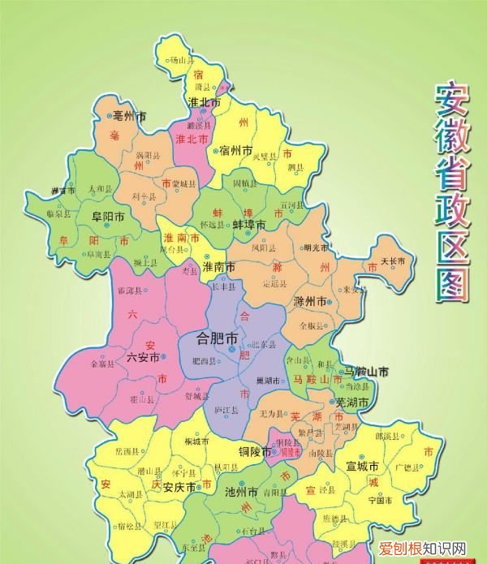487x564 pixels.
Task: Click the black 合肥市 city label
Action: coord(218,336)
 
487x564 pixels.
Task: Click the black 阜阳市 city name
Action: coord(107,217)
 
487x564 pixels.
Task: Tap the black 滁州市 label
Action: coord(311,301)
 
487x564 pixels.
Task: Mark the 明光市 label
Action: coord(317,248)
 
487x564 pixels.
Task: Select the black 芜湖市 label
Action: coord(352,402)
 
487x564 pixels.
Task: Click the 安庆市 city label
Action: coord(179,488)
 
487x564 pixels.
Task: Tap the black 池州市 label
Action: coord(241,493)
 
